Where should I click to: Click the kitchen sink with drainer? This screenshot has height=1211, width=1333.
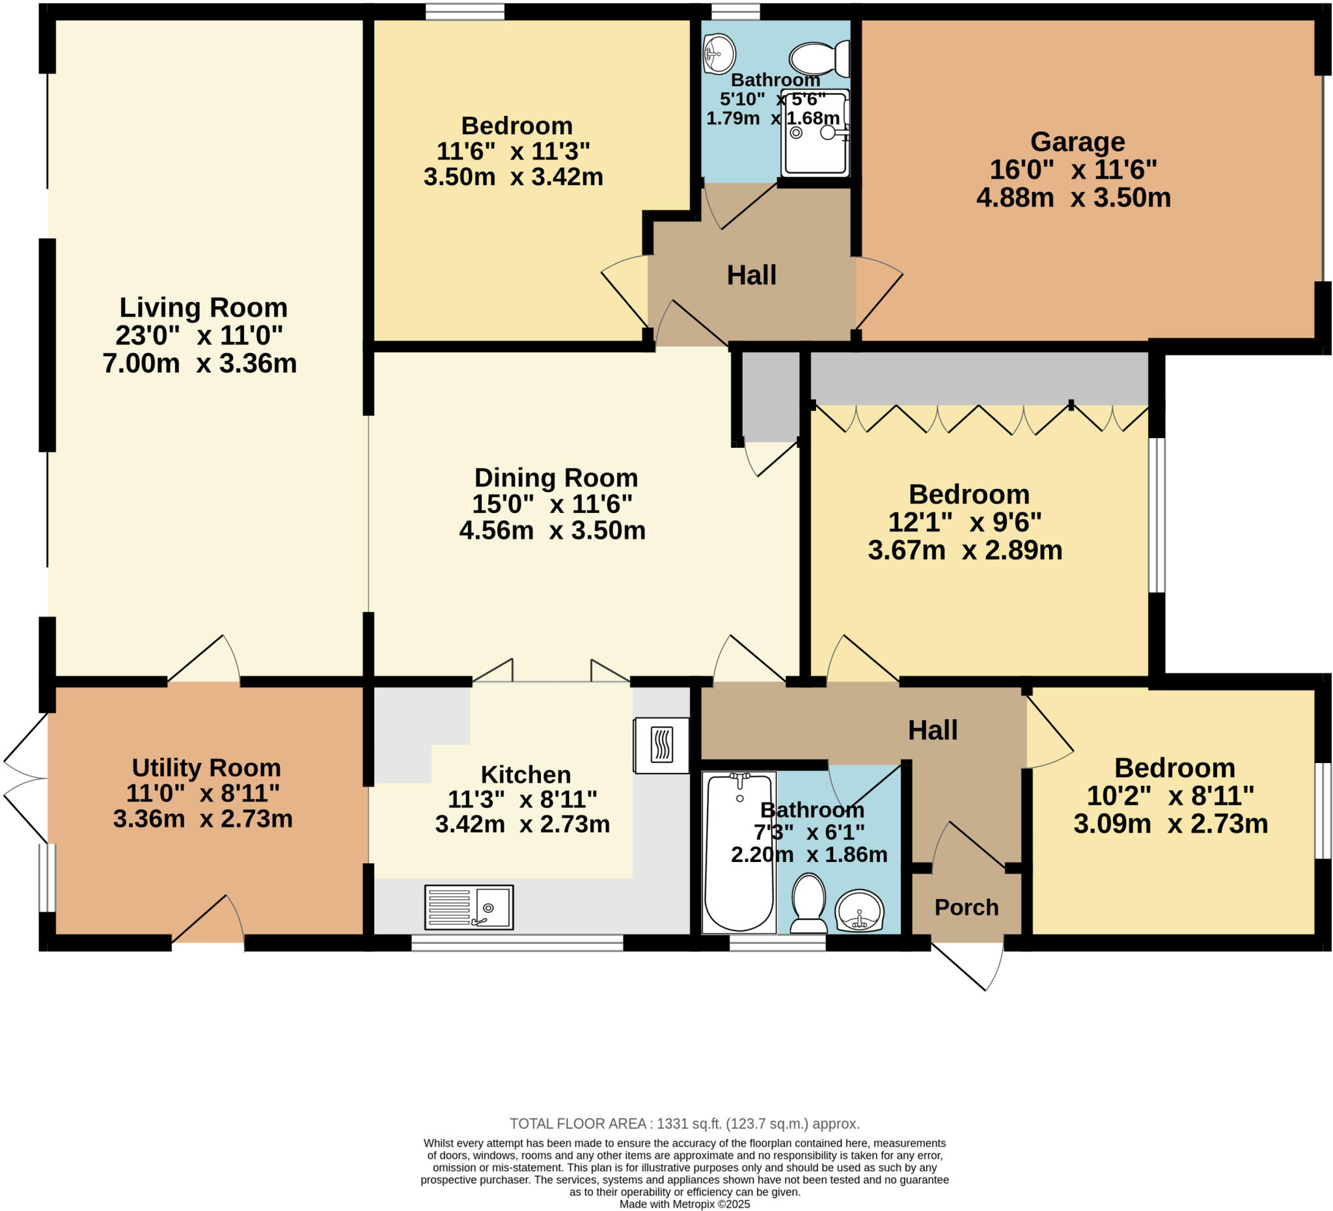point(468,907)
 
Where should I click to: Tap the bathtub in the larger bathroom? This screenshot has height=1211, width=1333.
point(739,853)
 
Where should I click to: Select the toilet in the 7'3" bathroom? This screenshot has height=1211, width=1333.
point(808,904)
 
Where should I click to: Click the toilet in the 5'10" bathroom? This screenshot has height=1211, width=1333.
point(820,59)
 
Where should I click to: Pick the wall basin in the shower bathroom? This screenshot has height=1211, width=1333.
point(719,53)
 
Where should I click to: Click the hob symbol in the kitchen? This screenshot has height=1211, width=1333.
point(661,745)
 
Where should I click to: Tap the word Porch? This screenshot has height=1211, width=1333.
point(966,908)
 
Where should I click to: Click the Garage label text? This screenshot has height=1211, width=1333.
point(1077,142)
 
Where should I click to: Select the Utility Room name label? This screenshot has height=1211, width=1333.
point(206,768)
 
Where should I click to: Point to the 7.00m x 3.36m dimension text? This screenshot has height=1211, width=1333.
point(200,364)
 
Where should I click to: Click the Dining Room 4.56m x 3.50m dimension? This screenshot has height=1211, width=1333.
point(552,531)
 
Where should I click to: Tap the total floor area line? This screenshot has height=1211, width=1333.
point(684,1124)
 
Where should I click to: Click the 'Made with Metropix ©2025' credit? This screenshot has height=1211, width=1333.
point(684,1204)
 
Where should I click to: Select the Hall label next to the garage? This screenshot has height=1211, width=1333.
point(751,275)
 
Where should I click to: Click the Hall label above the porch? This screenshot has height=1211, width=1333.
point(932,730)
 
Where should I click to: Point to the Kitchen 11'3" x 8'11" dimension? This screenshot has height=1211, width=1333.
point(523,800)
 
